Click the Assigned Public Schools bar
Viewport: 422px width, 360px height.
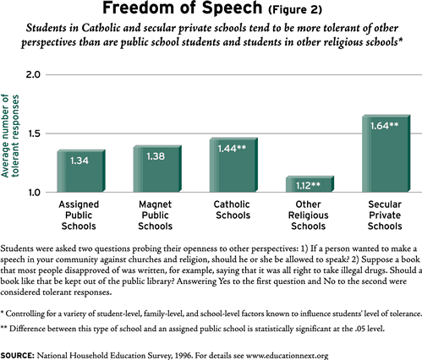point(81,171)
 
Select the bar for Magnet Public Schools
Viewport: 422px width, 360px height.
point(157,169)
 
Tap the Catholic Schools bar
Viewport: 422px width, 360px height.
point(233,165)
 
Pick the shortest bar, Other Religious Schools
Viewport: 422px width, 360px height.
point(310,184)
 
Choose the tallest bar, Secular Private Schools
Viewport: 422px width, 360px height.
point(386,154)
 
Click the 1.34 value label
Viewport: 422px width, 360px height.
point(79,161)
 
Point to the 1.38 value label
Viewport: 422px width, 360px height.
point(156,156)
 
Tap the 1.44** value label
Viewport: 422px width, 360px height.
point(232,149)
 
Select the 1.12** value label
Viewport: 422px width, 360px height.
point(308,185)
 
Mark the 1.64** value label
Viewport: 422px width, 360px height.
point(385,126)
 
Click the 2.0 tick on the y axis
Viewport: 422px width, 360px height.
point(33,74)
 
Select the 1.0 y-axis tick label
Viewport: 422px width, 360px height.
point(33,193)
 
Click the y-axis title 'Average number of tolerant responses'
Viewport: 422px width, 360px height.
point(10,136)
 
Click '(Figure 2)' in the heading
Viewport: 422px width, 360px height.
point(295,9)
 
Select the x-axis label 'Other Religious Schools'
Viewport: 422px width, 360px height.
point(308,215)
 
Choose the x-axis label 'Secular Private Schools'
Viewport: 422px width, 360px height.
point(385,215)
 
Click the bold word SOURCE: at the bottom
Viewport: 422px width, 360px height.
point(17,355)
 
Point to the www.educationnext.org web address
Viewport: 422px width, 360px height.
point(288,356)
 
